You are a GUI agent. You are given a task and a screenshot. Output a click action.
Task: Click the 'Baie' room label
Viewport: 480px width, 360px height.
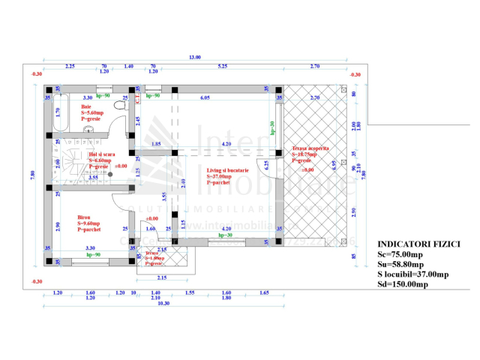(86, 106)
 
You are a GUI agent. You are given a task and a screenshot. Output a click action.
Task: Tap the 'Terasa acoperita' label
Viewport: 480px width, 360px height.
(310, 148)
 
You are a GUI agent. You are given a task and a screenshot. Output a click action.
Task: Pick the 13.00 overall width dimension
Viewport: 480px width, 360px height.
(195, 58)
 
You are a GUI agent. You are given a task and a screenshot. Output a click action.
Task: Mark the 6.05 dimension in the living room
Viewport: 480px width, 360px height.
(205, 97)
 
